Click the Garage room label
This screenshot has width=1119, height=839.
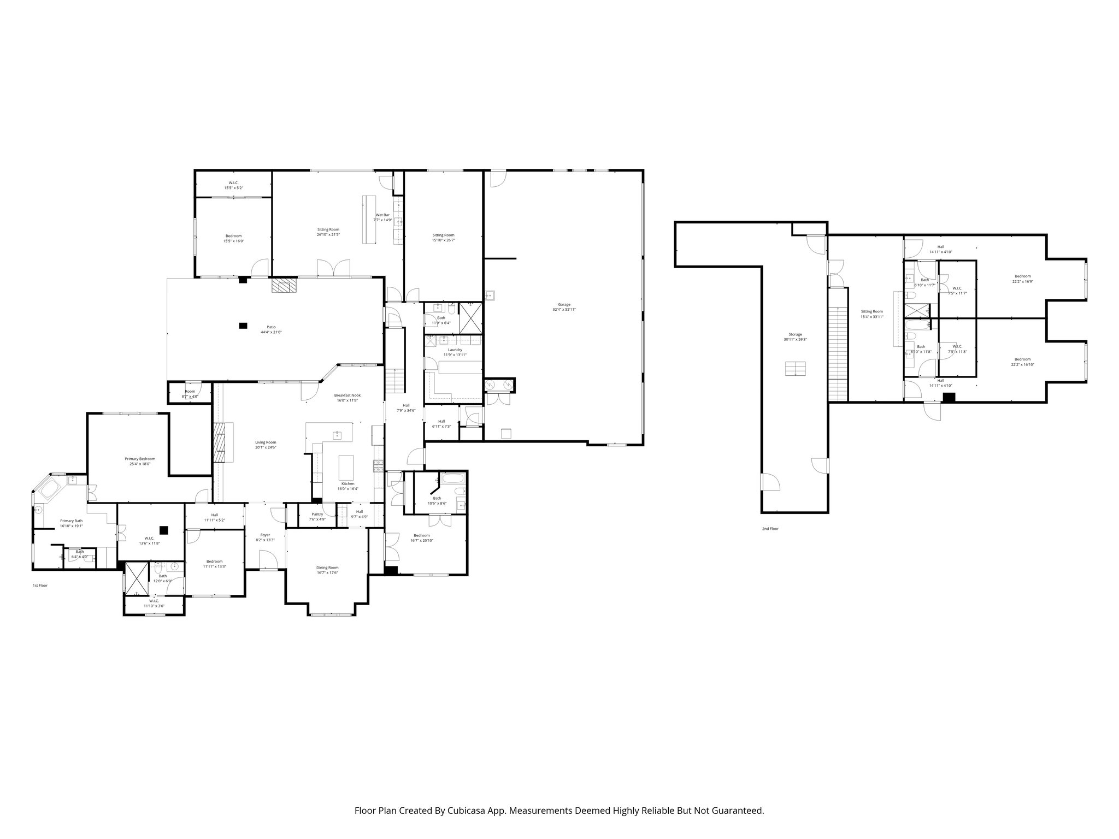coord(564,304)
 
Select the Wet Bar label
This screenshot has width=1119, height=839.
coord(382,215)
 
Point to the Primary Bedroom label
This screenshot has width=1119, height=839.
coord(140,459)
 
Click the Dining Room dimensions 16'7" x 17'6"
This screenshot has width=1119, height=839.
coord(327,572)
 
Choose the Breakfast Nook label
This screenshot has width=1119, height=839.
coord(348,395)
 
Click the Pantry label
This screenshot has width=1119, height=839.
coord(317,514)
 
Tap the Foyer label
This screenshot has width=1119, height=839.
coord(265,535)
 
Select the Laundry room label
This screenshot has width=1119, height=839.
coord(455,350)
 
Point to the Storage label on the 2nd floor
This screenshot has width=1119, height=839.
coord(795,334)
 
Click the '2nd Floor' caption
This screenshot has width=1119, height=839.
coord(770,529)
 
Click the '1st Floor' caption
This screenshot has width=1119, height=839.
coord(40,586)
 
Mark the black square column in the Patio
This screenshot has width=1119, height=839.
coord(243,326)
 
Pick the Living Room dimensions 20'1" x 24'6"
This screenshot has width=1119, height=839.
coord(266,447)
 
